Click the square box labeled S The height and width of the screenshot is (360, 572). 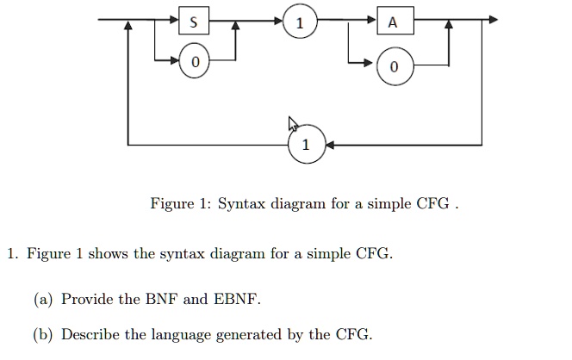click(x=194, y=21)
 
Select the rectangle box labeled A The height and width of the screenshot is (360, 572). click(x=395, y=21)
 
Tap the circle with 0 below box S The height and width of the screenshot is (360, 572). click(x=195, y=62)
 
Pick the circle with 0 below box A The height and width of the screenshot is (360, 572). click(x=395, y=66)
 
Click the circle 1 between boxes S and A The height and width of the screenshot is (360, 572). click(x=300, y=22)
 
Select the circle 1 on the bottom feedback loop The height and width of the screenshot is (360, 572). click(x=307, y=145)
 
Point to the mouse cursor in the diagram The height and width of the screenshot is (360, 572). click(x=293, y=124)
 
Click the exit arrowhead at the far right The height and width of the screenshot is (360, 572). click(x=493, y=20)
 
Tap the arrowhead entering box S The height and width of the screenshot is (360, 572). click(x=174, y=20)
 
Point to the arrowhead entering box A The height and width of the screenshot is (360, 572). click(x=372, y=20)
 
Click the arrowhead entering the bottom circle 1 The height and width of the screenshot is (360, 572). click(x=329, y=146)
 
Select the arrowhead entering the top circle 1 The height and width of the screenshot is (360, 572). click(x=278, y=21)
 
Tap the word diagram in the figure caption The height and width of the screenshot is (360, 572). click(x=298, y=204)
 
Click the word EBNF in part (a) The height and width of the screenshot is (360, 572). click(x=235, y=299)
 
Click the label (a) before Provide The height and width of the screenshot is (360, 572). click(x=43, y=300)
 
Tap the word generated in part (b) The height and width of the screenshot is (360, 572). click(x=249, y=335)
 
